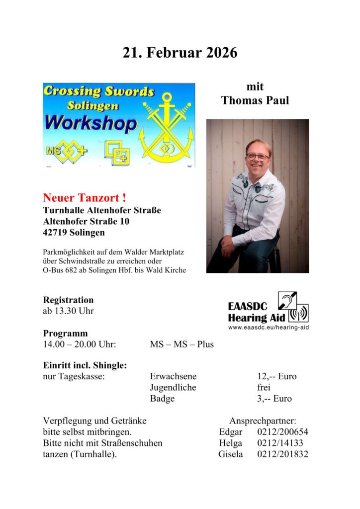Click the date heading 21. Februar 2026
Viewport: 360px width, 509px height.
(180, 53)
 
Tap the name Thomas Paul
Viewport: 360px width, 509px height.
(255, 100)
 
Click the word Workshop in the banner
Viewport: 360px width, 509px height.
(91, 123)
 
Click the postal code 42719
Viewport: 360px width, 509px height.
(57, 232)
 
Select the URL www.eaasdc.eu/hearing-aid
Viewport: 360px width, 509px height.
(268, 328)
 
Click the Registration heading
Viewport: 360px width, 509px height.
(68, 300)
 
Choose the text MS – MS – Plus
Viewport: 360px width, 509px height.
(181, 344)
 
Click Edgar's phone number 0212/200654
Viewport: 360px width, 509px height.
(282, 432)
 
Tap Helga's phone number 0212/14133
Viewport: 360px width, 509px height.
(280, 443)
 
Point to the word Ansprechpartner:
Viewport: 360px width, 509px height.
(263, 421)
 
